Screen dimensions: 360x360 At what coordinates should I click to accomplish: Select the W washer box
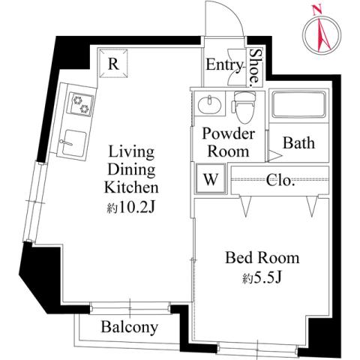[210, 179]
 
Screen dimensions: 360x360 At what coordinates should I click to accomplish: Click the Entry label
[225, 66]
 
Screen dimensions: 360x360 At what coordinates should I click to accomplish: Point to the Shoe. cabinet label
[256, 66]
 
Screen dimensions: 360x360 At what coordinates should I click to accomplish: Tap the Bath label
[298, 142]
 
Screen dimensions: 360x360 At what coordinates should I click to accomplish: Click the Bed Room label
[262, 258]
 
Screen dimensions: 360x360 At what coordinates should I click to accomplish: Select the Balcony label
[129, 327]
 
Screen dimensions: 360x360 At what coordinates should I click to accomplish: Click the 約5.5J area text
[262, 278]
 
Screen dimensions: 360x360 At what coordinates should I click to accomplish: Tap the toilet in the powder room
[241, 107]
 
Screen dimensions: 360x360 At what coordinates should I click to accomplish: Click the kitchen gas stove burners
[79, 105]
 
